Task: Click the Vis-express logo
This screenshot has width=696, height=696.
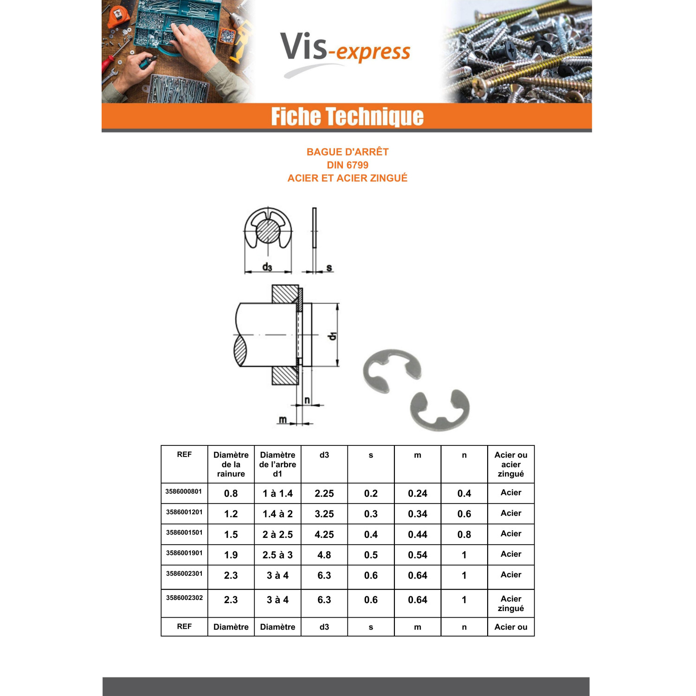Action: (346, 52)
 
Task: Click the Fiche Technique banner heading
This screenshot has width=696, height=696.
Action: (347, 116)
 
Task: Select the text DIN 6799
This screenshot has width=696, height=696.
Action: (348, 165)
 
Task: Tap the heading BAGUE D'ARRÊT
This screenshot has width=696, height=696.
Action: (348, 152)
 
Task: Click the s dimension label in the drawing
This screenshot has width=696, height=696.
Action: (329, 267)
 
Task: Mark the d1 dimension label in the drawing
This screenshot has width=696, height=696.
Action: (332, 335)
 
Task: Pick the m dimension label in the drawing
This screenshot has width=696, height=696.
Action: (283, 419)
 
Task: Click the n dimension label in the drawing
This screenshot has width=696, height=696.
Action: (307, 400)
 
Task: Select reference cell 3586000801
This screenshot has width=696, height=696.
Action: (184, 491)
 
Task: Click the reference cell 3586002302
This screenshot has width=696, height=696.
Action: (184, 598)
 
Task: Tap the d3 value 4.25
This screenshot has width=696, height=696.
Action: (324, 535)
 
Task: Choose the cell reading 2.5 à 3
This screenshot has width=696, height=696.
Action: (277, 555)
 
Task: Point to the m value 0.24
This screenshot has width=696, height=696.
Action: (418, 494)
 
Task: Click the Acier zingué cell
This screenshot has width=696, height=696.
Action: (511, 604)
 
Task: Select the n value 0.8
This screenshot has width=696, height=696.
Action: (464, 535)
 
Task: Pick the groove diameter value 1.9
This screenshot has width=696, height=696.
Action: (231, 555)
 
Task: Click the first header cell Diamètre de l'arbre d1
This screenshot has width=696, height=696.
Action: (277, 464)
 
